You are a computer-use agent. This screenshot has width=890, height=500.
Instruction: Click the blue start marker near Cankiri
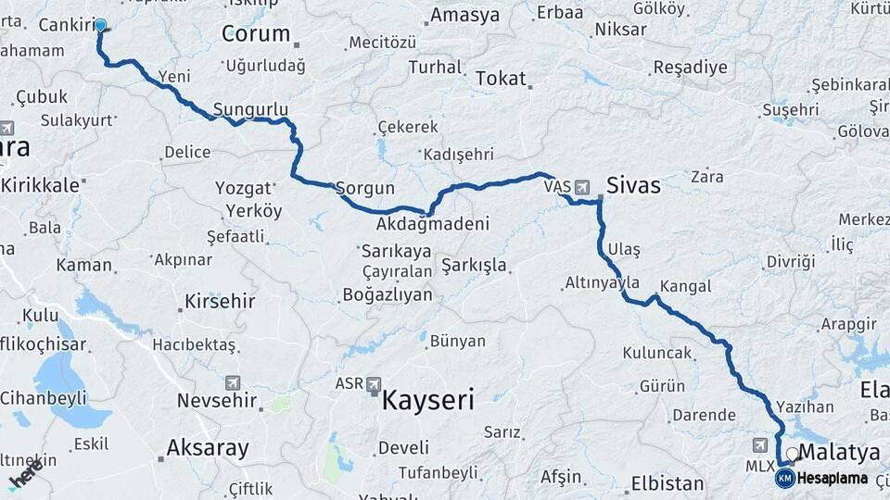(x=100, y=25)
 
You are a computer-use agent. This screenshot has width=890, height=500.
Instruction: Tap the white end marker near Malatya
(x=792, y=456)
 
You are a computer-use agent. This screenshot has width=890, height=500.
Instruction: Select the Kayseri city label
(x=428, y=401)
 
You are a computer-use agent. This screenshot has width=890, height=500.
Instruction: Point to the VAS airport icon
(x=581, y=187)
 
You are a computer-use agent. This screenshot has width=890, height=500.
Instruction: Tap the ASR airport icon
(x=374, y=383)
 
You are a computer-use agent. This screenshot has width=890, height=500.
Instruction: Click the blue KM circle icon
(x=784, y=479)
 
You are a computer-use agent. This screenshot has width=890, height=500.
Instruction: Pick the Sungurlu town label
(x=250, y=109)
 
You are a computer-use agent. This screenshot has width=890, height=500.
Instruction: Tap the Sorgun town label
(x=364, y=187)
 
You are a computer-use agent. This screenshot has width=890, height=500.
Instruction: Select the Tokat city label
(x=500, y=79)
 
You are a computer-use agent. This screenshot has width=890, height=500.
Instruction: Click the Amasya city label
(x=464, y=15)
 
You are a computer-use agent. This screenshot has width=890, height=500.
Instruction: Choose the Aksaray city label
(x=207, y=448)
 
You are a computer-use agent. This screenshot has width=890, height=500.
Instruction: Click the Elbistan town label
(x=667, y=482)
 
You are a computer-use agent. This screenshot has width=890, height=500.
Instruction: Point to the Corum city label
(x=255, y=34)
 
